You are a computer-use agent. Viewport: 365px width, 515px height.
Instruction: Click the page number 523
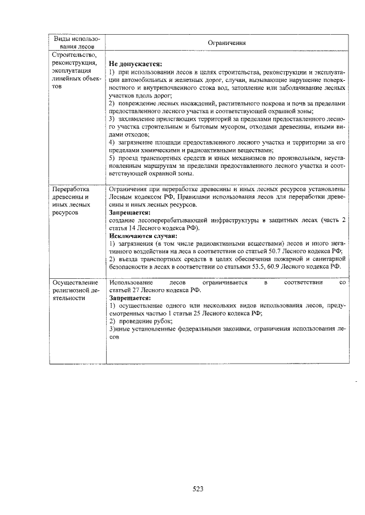click(x=198, y=488)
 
